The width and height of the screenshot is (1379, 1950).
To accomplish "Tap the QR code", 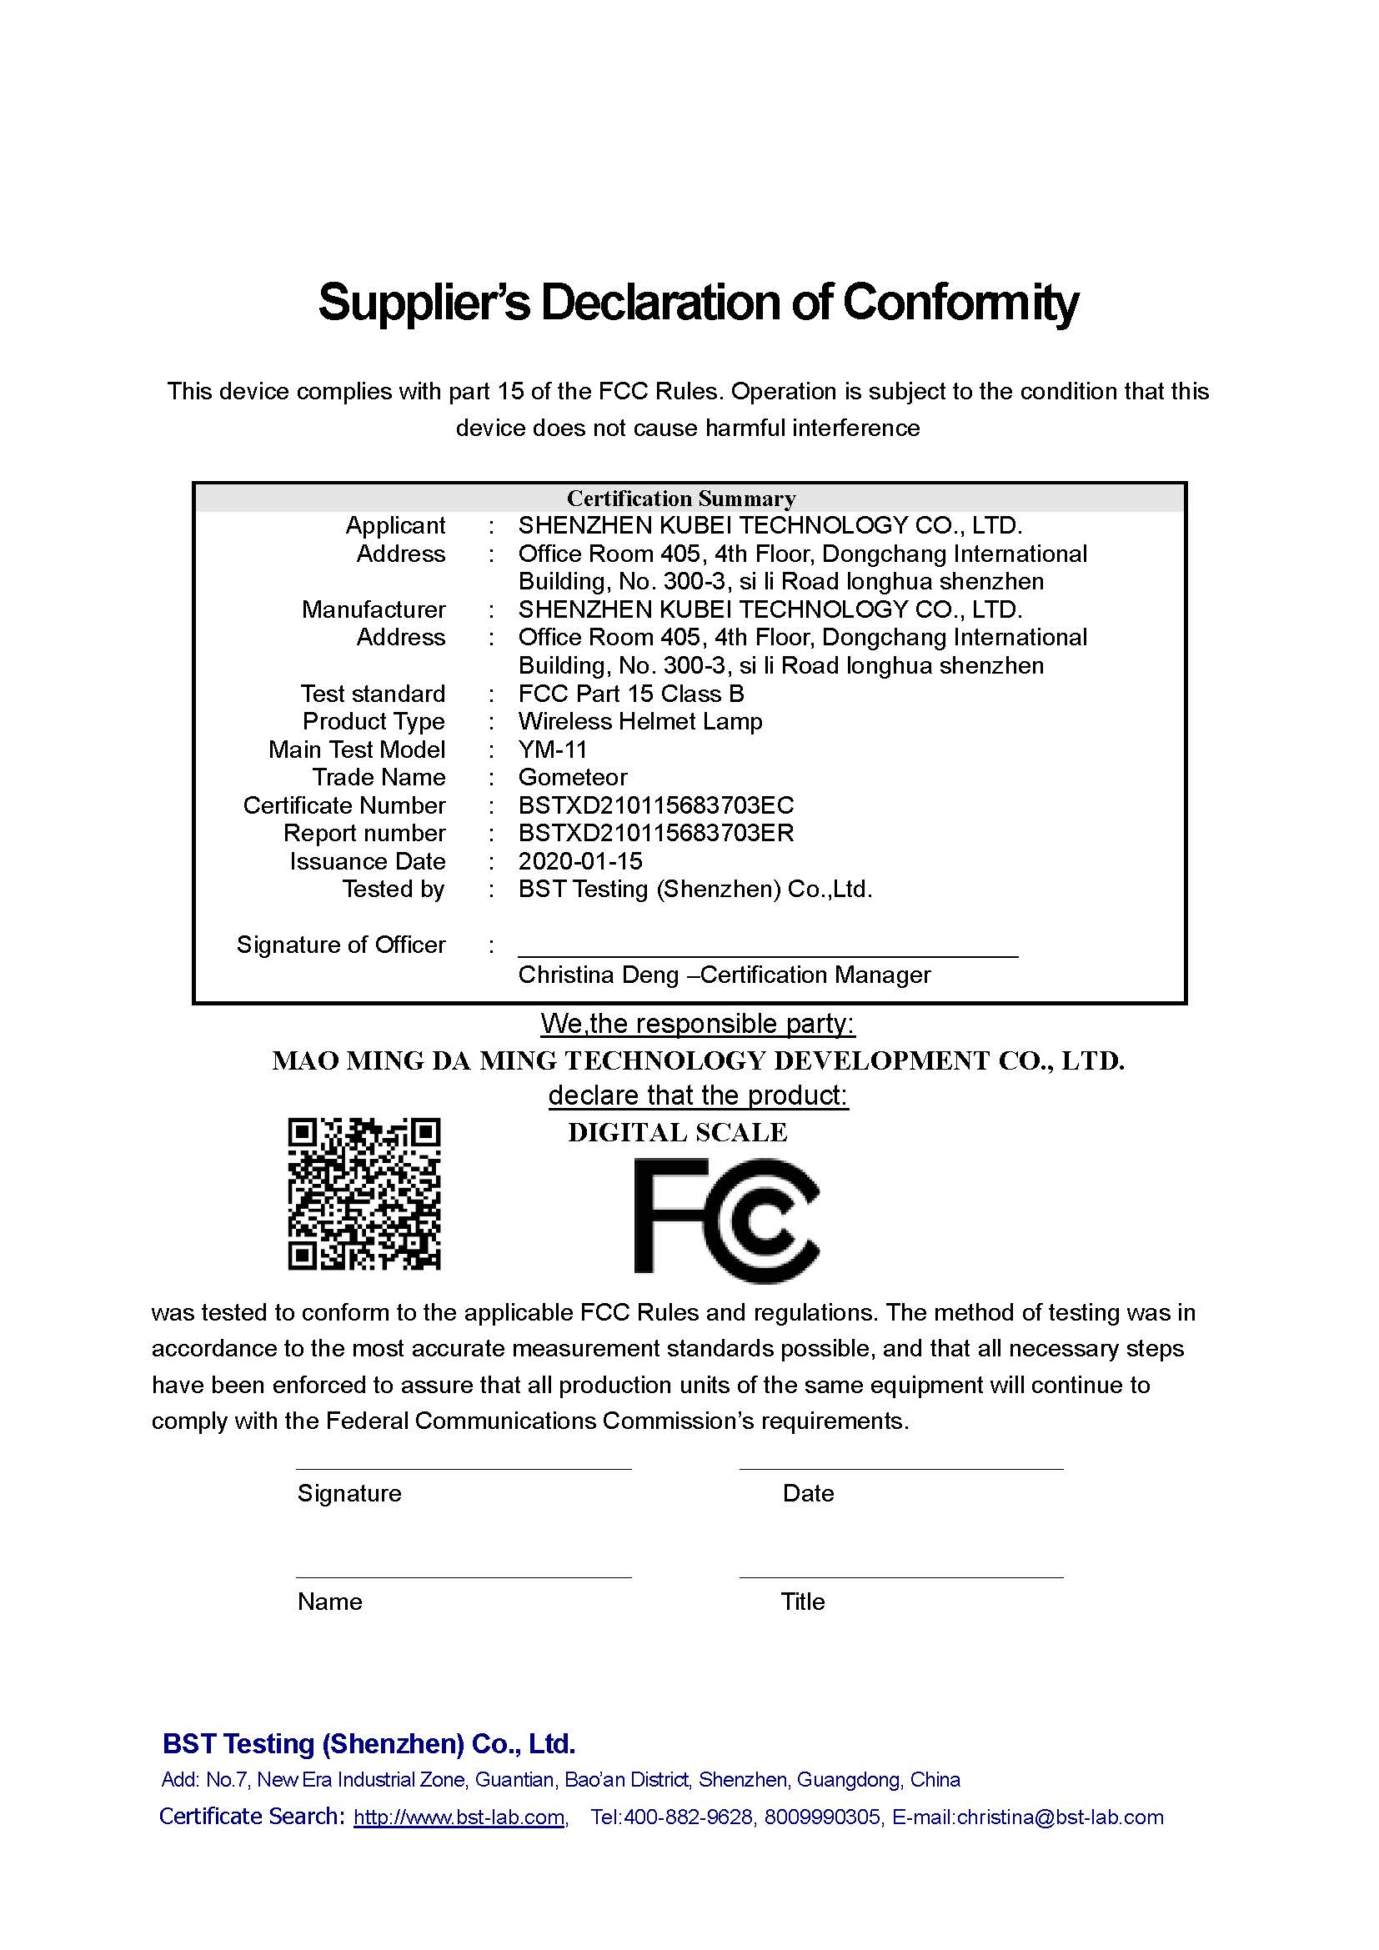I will pos(364,1193).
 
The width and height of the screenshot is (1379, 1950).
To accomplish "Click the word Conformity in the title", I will pos(960,302).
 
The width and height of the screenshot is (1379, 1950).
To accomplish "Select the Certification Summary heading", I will pos(681,498).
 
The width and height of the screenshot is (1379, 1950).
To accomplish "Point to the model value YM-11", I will pos(553,749).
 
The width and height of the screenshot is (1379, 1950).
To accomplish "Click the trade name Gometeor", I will pos(573,777).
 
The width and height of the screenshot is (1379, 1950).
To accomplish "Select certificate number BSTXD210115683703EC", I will pos(655,805).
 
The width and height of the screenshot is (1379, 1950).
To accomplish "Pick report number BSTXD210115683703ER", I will pos(655,833).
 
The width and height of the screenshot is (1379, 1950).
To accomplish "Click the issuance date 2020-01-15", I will pos(581,861).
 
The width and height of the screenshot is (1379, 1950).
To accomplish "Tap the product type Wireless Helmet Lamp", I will pos(640,721).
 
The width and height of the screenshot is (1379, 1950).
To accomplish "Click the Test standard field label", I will pos(373,694).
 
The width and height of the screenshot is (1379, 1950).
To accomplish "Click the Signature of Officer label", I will pos(340,945).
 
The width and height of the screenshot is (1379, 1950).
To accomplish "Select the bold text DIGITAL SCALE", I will pos(678,1132).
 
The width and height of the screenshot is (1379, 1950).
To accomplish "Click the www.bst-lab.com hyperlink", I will pos(459,1817).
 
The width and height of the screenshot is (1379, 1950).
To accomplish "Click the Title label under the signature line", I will pos(802,1602).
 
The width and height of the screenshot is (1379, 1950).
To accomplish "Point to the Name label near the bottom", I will pos(329,1602).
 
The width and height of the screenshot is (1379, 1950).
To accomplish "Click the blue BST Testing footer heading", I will pos(369,1743).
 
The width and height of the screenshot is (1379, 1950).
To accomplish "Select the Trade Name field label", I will pos(379,777).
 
